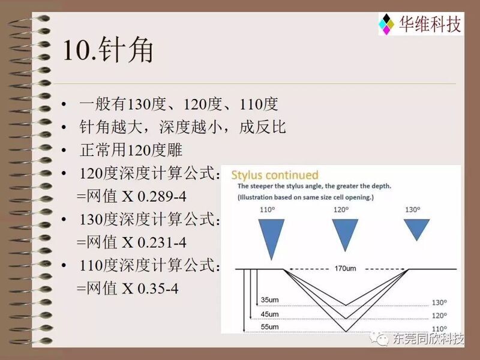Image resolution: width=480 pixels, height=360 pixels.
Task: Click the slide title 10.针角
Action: [x=108, y=50]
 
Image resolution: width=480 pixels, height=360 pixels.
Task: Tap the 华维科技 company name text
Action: [x=430, y=24]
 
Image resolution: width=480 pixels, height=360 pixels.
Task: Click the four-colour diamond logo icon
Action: [x=386, y=24]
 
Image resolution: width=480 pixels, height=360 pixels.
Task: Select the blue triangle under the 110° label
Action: [x=271, y=239]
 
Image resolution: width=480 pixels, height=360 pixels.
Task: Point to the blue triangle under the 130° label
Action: [x=416, y=230]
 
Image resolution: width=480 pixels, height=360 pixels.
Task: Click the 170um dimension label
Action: [x=346, y=268]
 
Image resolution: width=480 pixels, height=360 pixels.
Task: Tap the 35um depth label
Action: [x=269, y=299]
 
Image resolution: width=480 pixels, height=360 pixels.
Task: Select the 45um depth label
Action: [x=269, y=314]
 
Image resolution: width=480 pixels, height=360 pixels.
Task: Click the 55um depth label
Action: [x=269, y=326]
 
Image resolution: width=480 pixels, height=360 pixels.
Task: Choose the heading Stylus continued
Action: [x=275, y=175]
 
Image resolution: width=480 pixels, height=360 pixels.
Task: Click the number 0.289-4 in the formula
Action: [x=162, y=197]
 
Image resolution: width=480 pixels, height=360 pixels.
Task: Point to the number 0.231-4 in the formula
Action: [x=162, y=242]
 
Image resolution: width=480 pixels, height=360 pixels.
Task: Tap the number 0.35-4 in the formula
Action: [x=158, y=289]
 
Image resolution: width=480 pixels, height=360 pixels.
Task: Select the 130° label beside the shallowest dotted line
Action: [x=439, y=302]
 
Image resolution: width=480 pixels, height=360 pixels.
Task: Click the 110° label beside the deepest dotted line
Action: [x=439, y=329]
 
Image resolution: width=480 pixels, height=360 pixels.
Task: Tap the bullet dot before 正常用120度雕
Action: [x=64, y=151]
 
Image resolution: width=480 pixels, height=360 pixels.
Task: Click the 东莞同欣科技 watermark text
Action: [x=428, y=338]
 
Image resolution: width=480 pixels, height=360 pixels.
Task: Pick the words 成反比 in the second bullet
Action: [x=262, y=127]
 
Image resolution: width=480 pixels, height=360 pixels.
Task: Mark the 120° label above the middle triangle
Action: [x=341, y=209]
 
